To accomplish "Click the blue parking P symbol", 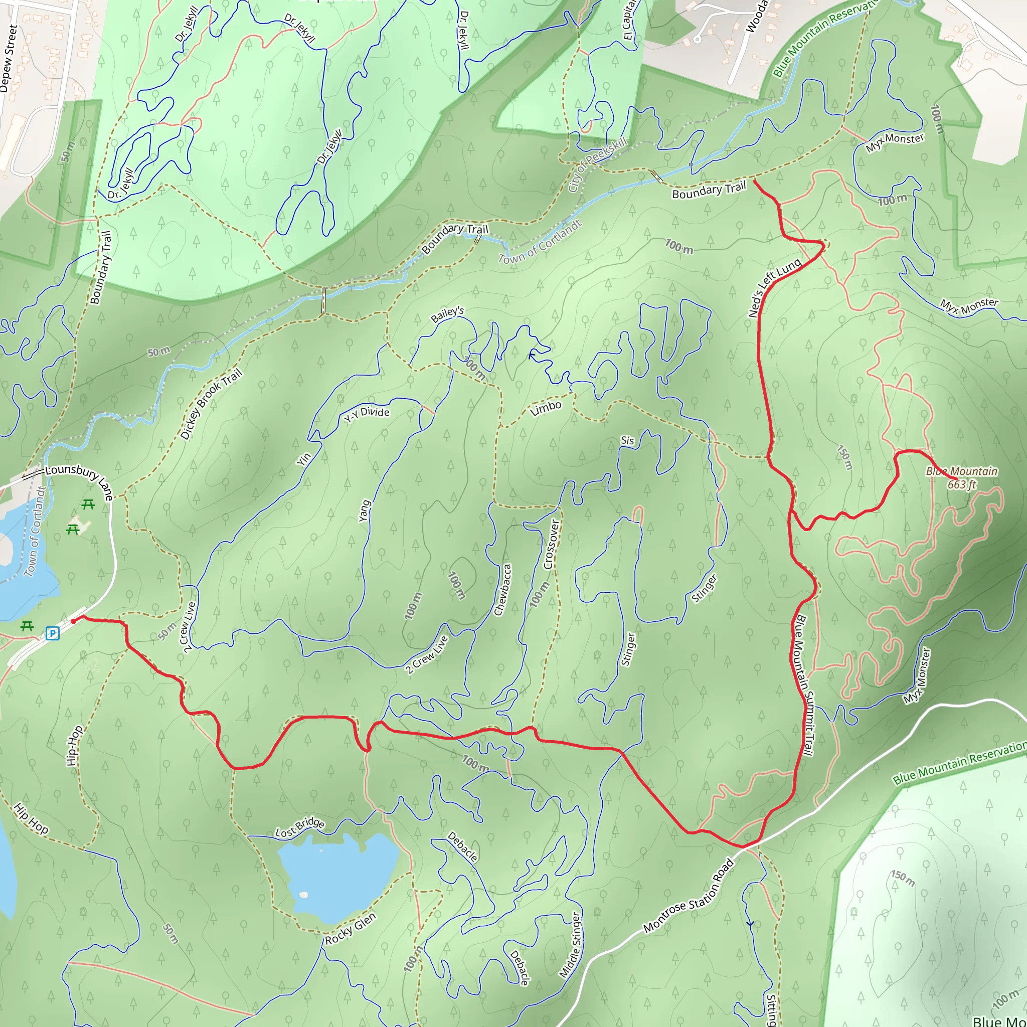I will [52, 633].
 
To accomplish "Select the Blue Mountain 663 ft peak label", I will [961, 477].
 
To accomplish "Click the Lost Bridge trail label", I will [299, 827].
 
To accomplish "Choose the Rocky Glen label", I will [351, 928].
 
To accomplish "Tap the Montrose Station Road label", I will [689, 896].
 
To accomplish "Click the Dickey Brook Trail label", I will [211, 404].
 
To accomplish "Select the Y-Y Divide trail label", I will [367, 414].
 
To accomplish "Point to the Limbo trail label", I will [546, 408].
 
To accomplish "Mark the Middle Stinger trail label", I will [570, 946].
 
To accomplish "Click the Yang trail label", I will [364, 511].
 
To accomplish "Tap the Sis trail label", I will [627, 441].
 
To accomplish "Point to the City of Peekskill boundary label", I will [597, 165].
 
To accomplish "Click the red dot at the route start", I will [73, 621].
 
